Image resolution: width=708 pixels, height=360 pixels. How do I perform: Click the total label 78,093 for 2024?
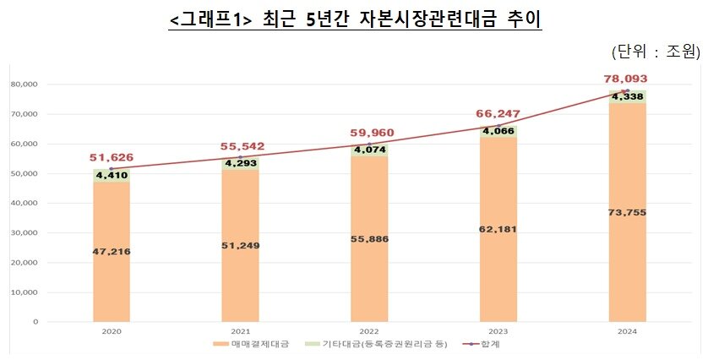tap(626, 79)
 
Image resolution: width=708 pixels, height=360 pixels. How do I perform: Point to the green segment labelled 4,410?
tap(112, 176)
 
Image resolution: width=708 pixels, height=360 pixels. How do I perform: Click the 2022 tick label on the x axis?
tap(369, 333)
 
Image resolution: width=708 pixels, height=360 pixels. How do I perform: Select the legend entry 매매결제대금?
tap(250, 345)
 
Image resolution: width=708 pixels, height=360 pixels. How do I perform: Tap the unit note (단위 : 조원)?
tap(656, 52)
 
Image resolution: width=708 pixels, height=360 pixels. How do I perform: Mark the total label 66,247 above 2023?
tap(498, 113)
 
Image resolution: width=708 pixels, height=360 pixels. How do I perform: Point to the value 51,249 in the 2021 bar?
tap(241, 245)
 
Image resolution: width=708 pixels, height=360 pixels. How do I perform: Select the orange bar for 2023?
tap(498, 228)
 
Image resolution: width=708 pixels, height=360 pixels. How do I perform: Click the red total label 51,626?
tap(112, 157)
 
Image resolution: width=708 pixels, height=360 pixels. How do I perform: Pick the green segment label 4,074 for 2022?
tap(369, 150)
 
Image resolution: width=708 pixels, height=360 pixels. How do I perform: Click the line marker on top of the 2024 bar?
tap(626, 90)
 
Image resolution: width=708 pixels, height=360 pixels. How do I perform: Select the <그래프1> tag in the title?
tap(208, 18)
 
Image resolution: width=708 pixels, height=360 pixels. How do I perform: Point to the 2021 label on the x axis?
tap(241, 333)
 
